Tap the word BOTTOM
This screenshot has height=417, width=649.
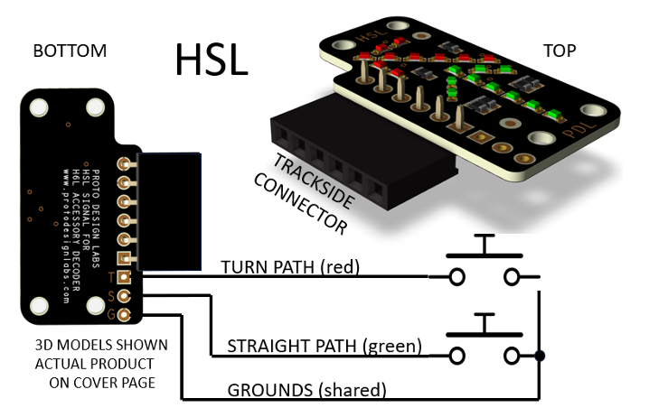pyautogui.click(x=70, y=51)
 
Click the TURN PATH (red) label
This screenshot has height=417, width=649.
pyautogui.click(x=290, y=266)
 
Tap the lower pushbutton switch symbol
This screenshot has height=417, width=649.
pyautogui.click(x=485, y=341)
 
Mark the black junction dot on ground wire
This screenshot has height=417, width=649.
pyautogui.click(x=540, y=356)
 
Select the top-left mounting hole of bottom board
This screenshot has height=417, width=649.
pyautogui.click(x=38, y=109)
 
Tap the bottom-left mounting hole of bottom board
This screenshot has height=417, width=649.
pyautogui.click(x=38, y=307)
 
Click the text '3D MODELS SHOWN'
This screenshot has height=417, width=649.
pyautogui.click(x=95, y=345)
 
